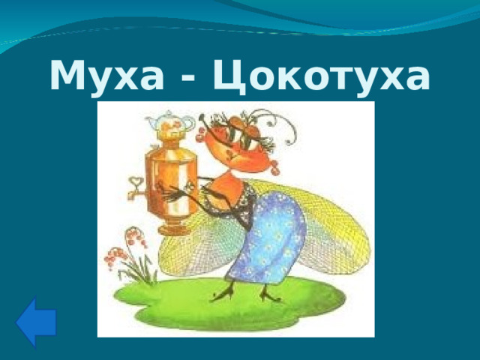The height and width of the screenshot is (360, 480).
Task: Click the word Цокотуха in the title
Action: (x=322, y=76)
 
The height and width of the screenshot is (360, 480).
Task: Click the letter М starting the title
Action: (x=66, y=76)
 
